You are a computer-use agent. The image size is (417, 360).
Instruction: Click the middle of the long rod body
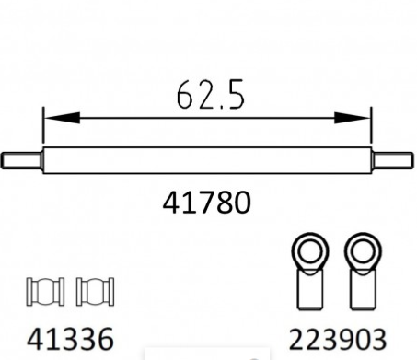[x=206, y=159]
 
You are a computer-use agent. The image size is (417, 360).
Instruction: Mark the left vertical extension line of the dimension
[x=42, y=134]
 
